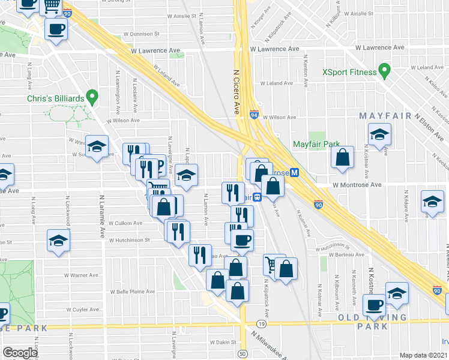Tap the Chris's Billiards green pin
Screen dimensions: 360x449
coord(92,95)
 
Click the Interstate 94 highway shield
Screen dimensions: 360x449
coord(255,114)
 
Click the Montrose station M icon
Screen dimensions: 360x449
coord(295,172)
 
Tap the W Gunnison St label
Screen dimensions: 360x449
coord(142,34)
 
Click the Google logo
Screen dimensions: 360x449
coord(20,353)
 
